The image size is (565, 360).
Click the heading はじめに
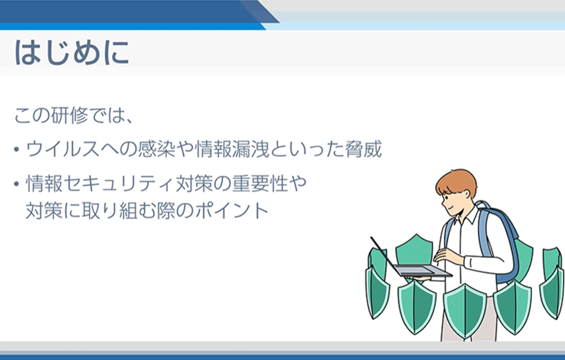[72, 53]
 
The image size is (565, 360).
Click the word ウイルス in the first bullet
[63, 149]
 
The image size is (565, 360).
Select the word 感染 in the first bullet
[156, 149]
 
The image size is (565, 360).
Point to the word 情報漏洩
[232, 149]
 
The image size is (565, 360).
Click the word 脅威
[363, 149]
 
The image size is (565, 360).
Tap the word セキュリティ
[118, 184]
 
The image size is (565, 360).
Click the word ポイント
[232, 211]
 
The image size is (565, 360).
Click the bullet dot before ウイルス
[16, 149]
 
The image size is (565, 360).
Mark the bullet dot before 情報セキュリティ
[16, 184]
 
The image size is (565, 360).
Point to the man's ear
[467, 195]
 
